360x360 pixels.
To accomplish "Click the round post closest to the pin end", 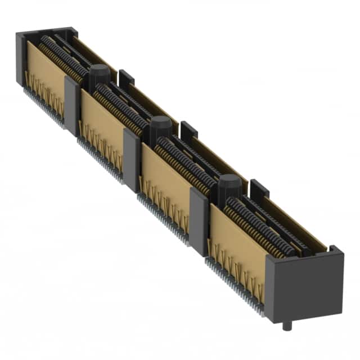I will [229, 187].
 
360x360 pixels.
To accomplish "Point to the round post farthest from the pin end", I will [99, 75].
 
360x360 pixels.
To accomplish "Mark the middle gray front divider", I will [132, 160].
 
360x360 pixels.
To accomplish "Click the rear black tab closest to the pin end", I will [259, 188].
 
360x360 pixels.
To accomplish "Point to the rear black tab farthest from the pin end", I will [127, 78].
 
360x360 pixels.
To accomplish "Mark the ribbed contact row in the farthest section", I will [62, 56].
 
